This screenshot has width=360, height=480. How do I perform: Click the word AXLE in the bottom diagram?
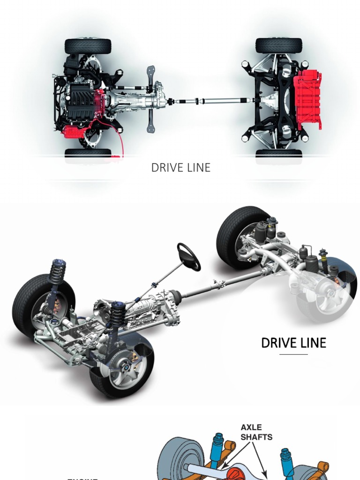251,427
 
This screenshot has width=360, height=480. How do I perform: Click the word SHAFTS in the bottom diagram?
256,437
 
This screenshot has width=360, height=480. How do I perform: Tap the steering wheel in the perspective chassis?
188,256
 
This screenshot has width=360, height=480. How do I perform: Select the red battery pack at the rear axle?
307,99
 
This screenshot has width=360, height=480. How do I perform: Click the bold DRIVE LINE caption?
293,343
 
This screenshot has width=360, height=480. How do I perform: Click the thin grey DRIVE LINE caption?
180,168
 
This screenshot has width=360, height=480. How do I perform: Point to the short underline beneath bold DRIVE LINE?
293,354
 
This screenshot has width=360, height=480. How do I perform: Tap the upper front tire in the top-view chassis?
88,46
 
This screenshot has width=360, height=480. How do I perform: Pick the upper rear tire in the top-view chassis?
278,45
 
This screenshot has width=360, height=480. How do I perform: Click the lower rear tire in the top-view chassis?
278,154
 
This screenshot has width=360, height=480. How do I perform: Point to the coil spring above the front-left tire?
57,272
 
